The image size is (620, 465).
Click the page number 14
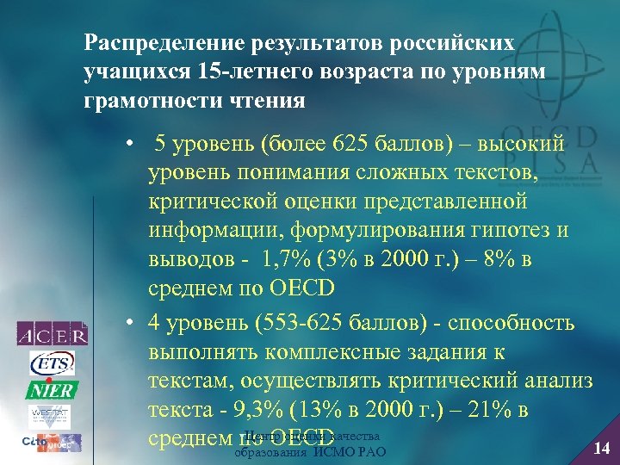tap(602, 446)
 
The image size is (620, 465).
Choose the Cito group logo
tap(53, 443)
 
